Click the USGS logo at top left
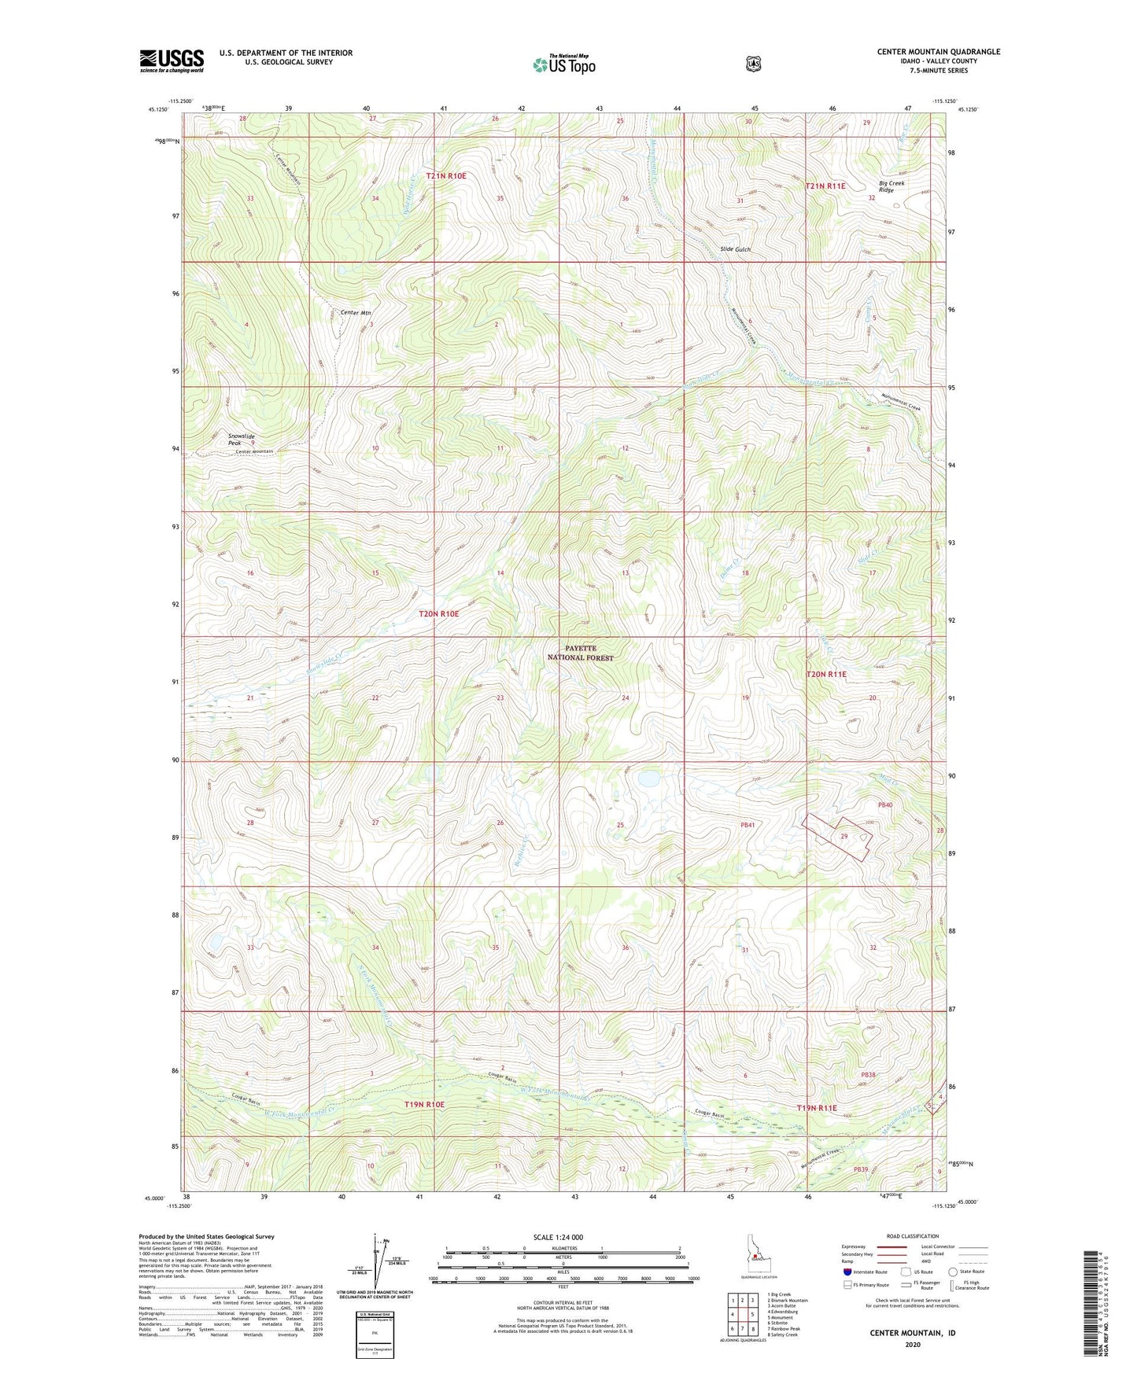[x=172, y=61]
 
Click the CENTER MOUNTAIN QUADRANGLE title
[x=939, y=52]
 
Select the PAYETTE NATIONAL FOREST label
[x=580, y=653]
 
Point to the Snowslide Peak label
[x=242, y=440]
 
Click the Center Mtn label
[x=356, y=313]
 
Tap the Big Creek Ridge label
[x=892, y=186]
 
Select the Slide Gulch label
[x=736, y=249]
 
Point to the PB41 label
[x=748, y=825]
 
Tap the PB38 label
[x=868, y=1074]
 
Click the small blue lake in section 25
[x=649, y=779]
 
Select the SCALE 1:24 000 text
[x=558, y=1237]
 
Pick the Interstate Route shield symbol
[x=847, y=1272]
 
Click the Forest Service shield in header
[x=753, y=64]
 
